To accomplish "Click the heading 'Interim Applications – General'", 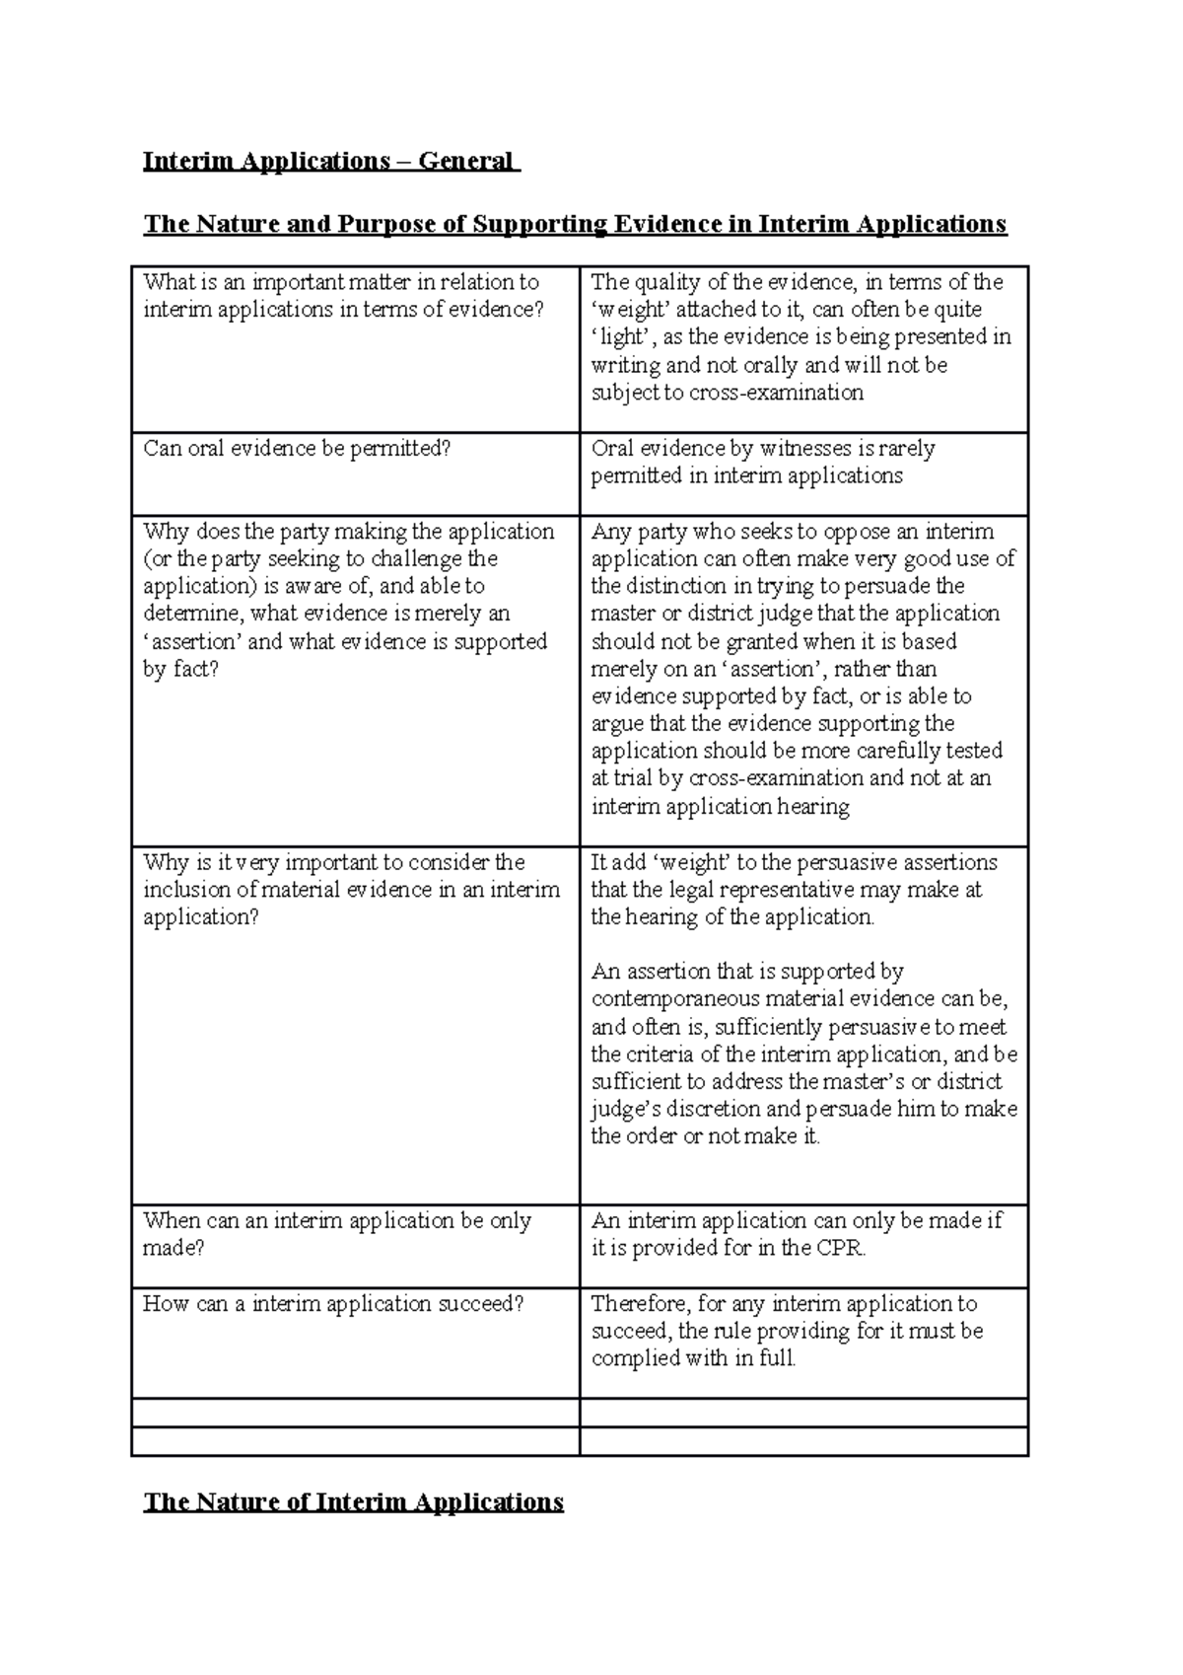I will pos(329,161).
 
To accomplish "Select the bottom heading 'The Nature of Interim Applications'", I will pos(353,1502).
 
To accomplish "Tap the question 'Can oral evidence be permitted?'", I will pos(297,449).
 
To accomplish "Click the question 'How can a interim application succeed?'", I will pos(333,1304).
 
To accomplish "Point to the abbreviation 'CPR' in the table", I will pos(840,1249).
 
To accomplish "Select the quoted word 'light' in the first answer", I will pos(621,337).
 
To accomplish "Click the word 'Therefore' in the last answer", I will pos(632,1304).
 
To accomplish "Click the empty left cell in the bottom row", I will pos(355,1441).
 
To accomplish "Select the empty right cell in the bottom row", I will pos(803,1441).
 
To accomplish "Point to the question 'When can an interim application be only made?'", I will pos(337,1234).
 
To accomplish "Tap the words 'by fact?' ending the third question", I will pos(181,670).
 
